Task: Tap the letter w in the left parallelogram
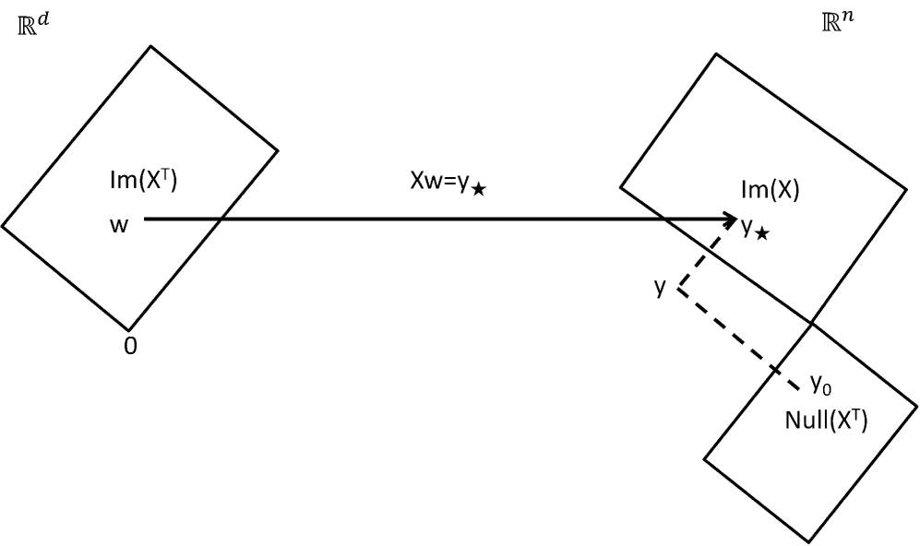[x=119, y=225]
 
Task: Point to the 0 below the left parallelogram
[x=130, y=350]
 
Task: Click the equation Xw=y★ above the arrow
[x=448, y=182]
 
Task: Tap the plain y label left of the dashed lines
[x=660, y=287]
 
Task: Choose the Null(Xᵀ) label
[x=826, y=421]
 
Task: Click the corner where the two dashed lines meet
[x=679, y=290]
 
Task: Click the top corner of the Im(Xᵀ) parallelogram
[x=150, y=46]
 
